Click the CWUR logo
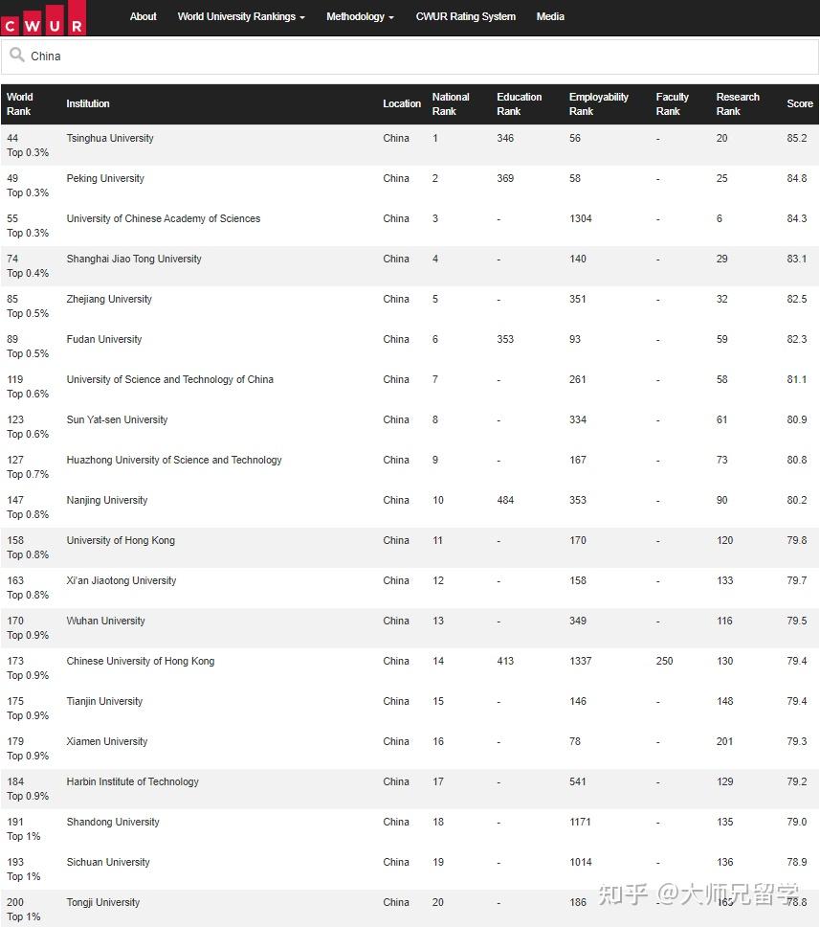(x=43, y=18)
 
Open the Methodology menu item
(x=360, y=16)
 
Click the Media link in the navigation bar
(x=550, y=16)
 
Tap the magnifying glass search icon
(x=16, y=56)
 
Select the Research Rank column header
(x=738, y=103)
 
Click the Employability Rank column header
(x=599, y=103)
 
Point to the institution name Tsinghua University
(x=110, y=138)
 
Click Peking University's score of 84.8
(x=796, y=178)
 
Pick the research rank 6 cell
(x=720, y=218)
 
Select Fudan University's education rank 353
(x=505, y=339)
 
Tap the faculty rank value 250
(x=665, y=661)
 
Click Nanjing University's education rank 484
(x=505, y=500)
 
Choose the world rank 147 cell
(x=15, y=500)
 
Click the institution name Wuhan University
(x=105, y=621)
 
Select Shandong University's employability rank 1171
(x=580, y=822)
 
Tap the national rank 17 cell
(x=438, y=781)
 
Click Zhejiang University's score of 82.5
(x=796, y=299)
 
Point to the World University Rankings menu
(x=241, y=16)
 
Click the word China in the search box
(x=46, y=57)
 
